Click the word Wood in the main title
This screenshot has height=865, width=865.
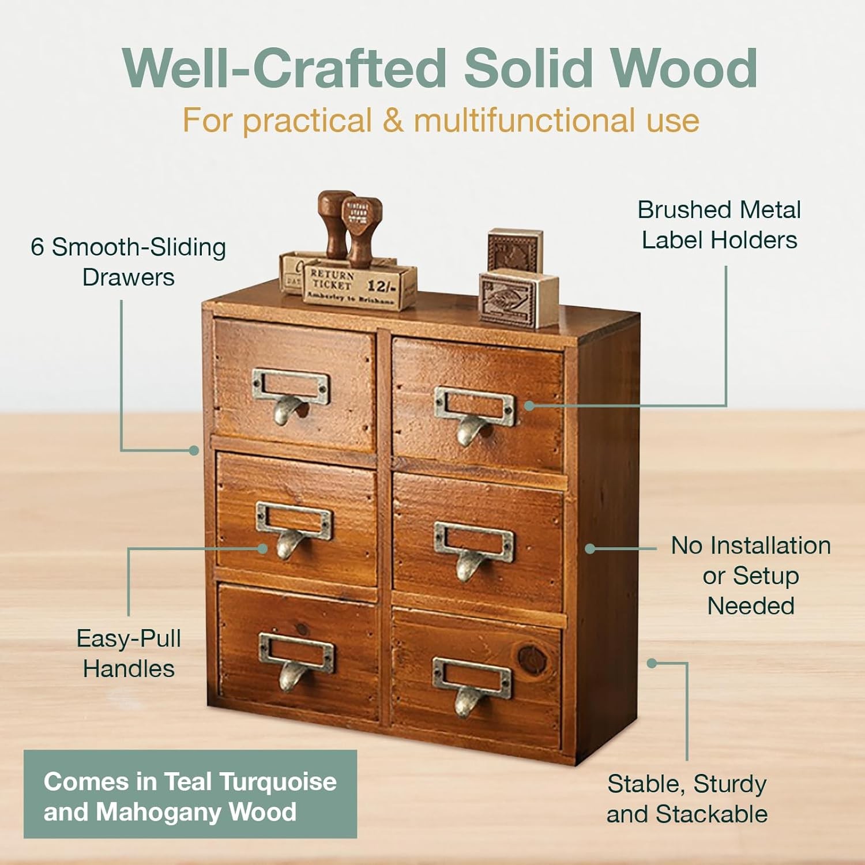(684, 68)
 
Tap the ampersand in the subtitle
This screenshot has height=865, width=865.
(393, 121)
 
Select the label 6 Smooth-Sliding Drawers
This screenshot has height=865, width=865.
(128, 262)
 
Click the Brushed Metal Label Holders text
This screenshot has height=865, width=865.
(719, 225)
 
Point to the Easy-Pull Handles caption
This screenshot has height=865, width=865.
(129, 653)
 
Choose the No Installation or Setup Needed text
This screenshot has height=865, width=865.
(750, 575)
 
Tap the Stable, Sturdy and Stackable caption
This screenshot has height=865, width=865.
(687, 799)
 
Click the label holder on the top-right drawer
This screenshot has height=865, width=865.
(474, 403)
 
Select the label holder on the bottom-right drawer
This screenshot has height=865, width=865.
(472, 678)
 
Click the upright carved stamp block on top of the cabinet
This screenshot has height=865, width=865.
(514, 250)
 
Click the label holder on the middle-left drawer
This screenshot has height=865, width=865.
(294, 518)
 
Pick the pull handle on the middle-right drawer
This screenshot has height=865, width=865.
(469, 566)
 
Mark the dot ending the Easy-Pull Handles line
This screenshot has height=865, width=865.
(262, 548)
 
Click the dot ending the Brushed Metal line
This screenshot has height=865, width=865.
(529, 405)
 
